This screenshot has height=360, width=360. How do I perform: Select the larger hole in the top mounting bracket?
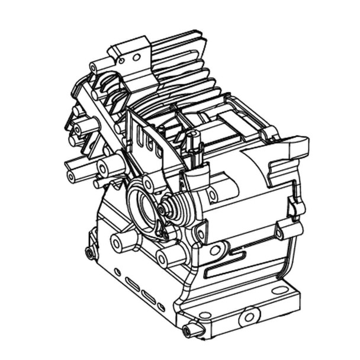[x=136, y=57]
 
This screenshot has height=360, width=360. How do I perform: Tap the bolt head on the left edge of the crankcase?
[x=90, y=253]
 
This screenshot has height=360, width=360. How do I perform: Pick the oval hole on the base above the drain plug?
[x=204, y=315]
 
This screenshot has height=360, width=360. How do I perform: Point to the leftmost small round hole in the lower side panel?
[x=117, y=272]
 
